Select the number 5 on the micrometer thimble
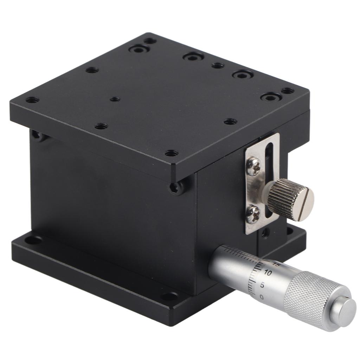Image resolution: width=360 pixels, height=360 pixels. (262, 285)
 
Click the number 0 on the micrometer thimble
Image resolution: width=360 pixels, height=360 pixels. (262, 297)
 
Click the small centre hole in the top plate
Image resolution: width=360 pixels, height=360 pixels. (115, 99)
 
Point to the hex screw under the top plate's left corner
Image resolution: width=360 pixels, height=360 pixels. (36, 134)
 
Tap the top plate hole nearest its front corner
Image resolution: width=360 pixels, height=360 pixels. (171, 153)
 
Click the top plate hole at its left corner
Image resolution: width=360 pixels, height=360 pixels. (32, 100)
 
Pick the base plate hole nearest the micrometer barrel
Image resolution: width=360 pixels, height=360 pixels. (169, 296)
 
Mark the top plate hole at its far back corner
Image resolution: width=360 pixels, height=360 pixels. (150, 41)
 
